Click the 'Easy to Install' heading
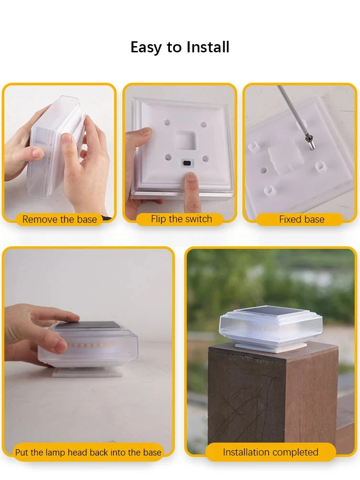pyautogui.click(x=180, y=47)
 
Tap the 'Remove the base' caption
pyautogui.click(x=60, y=219)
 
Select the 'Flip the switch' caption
pyautogui.click(x=181, y=219)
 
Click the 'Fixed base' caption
pyautogui.click(x=302, y=219)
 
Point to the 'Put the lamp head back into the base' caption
pyautogui.click(x=88, y=453)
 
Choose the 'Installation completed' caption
pyautogui.click(x=271, y=452)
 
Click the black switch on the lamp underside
pyautogui.click(x=186, y=163)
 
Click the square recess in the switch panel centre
pyautogui.click(x=185, y=140)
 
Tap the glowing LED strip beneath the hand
pyautogui.click(x=91, y=345)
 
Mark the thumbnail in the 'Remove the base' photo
pyautogui.click(x=66, y=140)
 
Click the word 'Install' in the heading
pyautogui.click(x=208, y=47)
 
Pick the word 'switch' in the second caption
pyautogui.click(x=199, y=219)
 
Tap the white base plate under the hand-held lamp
pyautogui.click(x=88, y=372)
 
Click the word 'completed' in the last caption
pyautogui.click(x=295, y=452)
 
